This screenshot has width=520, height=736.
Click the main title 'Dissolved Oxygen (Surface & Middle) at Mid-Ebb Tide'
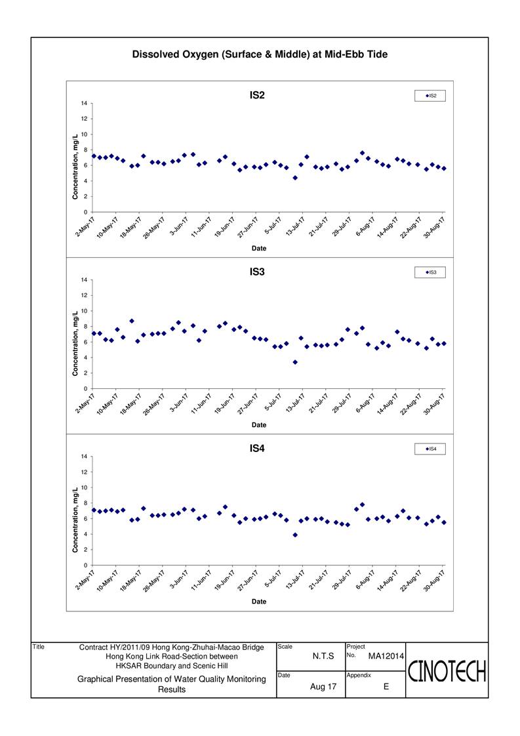(x=260, y=54)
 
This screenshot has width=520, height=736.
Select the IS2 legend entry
(x=430, y=96)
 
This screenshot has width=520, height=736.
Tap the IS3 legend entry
(x=430, y=272)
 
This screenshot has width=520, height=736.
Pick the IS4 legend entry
(x=430, y=449)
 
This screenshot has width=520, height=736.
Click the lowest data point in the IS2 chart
(x=294, y=178)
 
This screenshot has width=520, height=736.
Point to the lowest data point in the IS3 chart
(x=294, y=362)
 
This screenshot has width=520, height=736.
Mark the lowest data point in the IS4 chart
(x=294, y=535)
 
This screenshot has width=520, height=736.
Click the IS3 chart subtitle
(x=257, y=272)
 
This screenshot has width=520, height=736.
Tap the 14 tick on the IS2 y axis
(x=84, y=103)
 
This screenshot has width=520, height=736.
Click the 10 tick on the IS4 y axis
(x=84, y=487)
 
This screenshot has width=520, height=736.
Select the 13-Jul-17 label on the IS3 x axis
(x=295, y=403)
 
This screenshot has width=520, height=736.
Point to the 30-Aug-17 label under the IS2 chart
(x=434, y=227)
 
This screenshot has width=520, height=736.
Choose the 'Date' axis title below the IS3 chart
(x=258, y=425)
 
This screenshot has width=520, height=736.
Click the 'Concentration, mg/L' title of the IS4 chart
(x=75, y=520)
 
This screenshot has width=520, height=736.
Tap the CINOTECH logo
(x=447, y=671)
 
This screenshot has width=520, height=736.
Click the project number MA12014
(x=386, y=656)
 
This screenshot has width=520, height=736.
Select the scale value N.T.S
(x=323, y=656)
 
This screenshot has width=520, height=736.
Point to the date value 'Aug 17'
(x=323, y=687)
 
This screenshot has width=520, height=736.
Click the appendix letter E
(x=386, y=687)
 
